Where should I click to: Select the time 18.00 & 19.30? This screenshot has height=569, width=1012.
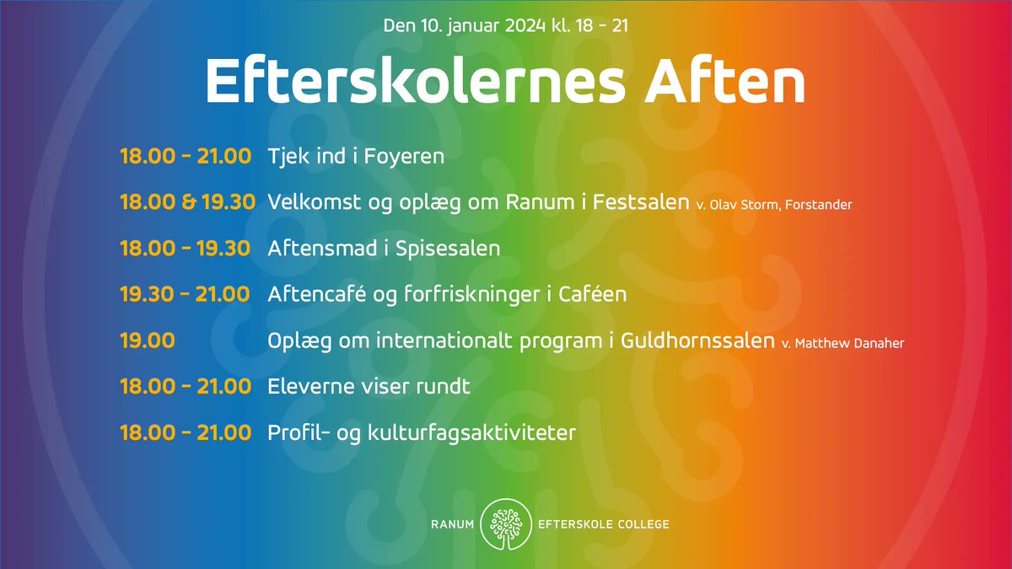[x=186, y=202]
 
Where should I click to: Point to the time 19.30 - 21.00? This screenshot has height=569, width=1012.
[x=185, y=294]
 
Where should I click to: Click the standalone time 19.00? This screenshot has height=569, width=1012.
[x=148, y=341]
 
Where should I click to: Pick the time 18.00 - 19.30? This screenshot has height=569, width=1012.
[x=185, y=249]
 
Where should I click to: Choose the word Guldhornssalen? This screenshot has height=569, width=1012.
[x=697, y=341]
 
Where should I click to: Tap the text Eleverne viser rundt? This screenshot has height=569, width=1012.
[x=369, y=387]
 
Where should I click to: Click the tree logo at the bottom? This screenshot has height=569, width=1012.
[x=505, y=524]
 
